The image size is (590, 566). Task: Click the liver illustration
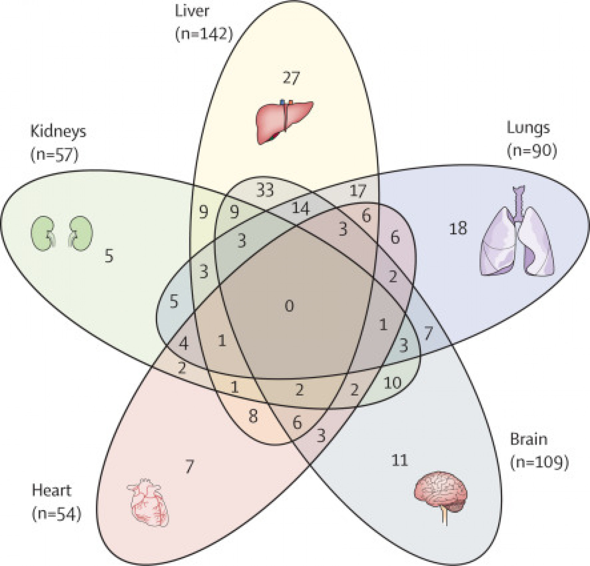click(x=284, y=122)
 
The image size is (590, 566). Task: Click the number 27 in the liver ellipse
click(x=291, y=78)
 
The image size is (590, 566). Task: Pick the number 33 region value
click(x=265, y=191)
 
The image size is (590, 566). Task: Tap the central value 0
click(x=289, y=306)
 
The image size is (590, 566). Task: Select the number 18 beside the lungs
click(x=458, y=229)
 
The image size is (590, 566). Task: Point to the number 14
click(x=300, y=209)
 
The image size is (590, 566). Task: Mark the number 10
click(x=392, y=383)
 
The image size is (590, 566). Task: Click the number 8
click(x=253, y=417)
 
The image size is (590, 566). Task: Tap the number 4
click(x=183, y=344)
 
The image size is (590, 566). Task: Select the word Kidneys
click(x=58, y=132)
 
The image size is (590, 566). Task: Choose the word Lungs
click(x=528, y=128)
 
